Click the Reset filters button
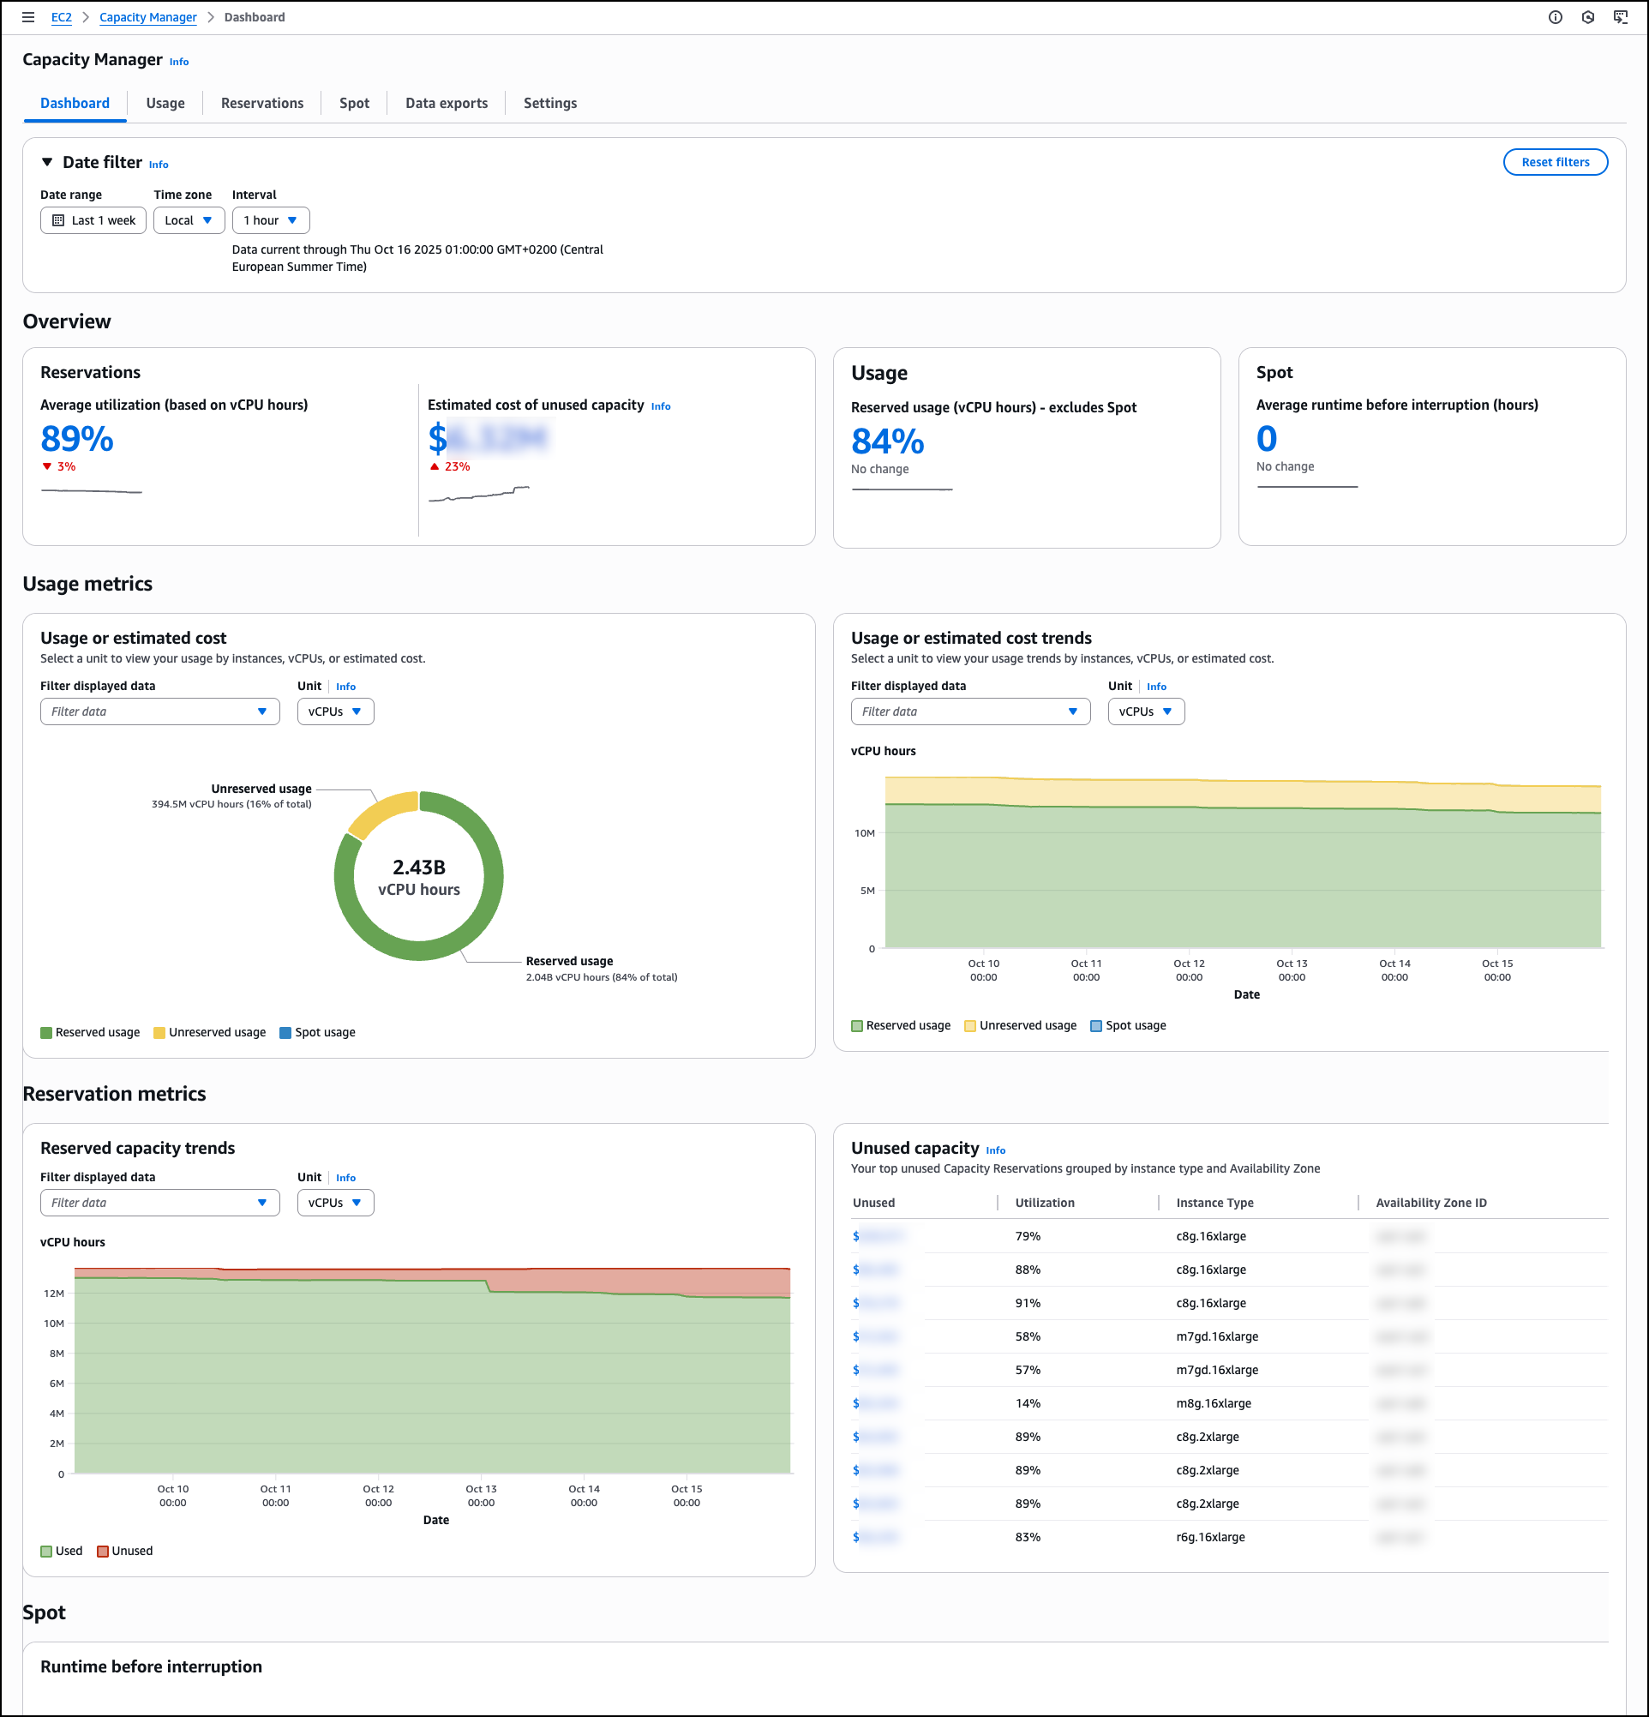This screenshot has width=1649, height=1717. pos(1555,162)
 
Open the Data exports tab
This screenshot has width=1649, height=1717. pos(446,104)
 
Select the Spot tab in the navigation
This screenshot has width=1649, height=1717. pos(354,104)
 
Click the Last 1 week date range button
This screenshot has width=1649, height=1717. pos(93,221)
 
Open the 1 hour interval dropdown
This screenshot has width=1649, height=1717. pos(271,221)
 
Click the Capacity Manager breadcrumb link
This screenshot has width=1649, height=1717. pos(148,17)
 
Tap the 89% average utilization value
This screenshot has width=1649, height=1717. pos(77,439)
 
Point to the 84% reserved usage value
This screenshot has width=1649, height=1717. pos(887,441)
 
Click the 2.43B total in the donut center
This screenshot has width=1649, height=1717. pos(418,868)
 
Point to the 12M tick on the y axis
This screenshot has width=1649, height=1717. pos(54,1293)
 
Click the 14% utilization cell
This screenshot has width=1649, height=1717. pos(1028,1403)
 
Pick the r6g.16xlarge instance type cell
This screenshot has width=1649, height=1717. pos(1210,1536)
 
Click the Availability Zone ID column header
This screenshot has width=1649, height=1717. pos(1430,1203)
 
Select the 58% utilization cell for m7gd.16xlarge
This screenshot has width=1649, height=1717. pos(1028,1336)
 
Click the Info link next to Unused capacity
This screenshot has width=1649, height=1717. pos(995,1150)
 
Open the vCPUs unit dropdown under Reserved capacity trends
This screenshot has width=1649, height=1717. pos(335,1203)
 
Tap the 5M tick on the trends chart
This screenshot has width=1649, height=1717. pos(867,891)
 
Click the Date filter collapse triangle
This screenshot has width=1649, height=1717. pos(47,162)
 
